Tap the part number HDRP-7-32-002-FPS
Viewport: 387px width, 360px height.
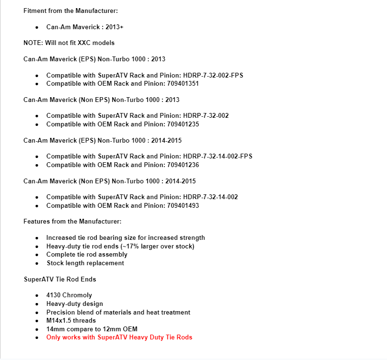[213, 75]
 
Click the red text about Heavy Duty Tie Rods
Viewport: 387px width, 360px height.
[119, 337]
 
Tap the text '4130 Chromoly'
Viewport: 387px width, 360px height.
[69, 295]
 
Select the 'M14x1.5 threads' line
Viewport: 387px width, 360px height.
[71, 320]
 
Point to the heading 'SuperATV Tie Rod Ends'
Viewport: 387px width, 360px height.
[60, 279]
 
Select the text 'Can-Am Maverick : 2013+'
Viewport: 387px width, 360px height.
[85, 27]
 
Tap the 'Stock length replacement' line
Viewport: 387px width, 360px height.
[85, 263]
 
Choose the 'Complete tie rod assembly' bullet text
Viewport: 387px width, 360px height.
[87, 254]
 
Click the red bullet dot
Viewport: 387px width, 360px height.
[37, 337]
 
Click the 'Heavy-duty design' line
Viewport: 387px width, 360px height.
[74, 304]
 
